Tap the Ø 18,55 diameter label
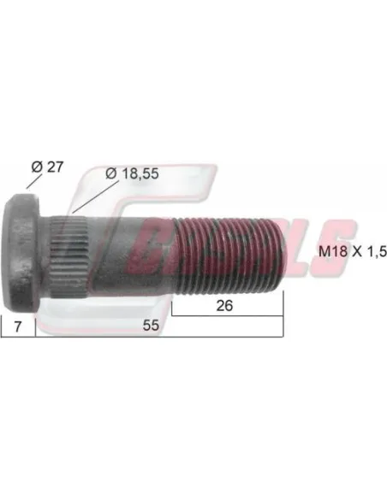134,173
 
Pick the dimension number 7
16,326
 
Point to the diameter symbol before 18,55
110,173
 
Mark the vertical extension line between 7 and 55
36,325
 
